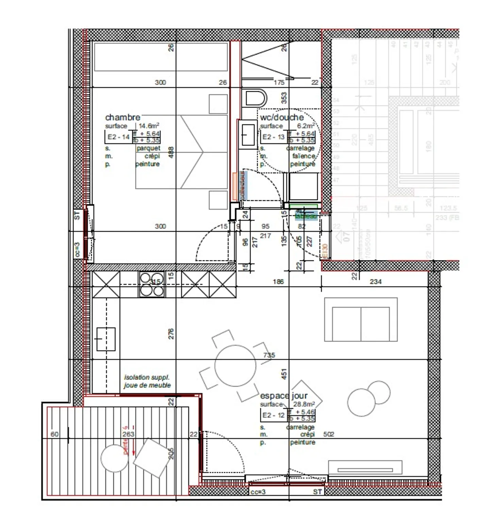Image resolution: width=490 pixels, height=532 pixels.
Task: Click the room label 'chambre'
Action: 122,117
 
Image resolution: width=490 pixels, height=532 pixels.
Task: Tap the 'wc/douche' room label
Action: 282,118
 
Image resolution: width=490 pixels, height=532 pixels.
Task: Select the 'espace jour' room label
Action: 283,396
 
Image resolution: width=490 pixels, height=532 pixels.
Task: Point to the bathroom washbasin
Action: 248,134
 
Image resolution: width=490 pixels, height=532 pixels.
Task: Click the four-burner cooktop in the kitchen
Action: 151,284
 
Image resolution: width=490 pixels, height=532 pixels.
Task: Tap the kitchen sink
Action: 106,339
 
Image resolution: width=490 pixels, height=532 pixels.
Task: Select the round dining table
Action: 235,366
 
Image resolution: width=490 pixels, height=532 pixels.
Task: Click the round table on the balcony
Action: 115,458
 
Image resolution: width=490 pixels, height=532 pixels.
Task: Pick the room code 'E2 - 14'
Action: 118,137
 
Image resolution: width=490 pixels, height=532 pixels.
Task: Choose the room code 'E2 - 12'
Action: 273,415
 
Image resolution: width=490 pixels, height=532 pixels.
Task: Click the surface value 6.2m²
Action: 306,126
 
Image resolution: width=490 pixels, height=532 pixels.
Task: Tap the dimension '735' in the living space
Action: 269,355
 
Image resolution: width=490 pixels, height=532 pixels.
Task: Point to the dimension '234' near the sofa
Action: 375,281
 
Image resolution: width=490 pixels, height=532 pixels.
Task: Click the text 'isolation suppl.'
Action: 147,377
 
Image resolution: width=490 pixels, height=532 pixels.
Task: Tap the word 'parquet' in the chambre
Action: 148,148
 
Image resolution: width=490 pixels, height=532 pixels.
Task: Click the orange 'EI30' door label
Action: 325,251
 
